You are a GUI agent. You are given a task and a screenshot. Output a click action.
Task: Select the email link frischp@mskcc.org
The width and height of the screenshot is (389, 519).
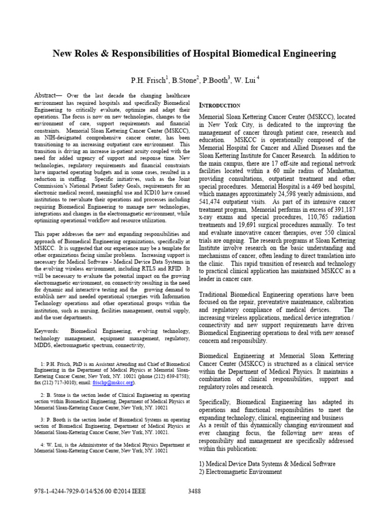pos(118,383)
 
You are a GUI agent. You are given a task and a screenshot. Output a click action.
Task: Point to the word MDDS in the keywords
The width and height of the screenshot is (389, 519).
pos(44,346)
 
